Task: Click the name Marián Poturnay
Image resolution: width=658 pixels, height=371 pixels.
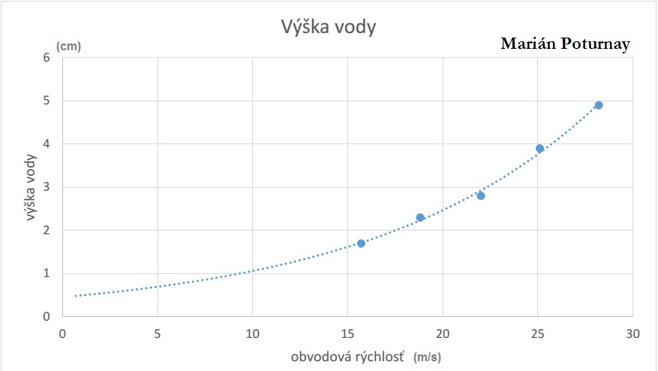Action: [x=565, y=44]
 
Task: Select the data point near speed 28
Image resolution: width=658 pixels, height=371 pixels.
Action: [x=599, y=105]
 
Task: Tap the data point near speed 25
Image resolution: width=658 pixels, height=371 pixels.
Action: [x=539, y=149]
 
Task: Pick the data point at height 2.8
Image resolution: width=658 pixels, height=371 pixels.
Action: [x=481, y=195]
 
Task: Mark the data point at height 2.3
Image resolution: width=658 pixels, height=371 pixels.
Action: [x=420, y=217]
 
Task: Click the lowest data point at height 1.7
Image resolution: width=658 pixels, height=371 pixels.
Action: [x=361, y=243]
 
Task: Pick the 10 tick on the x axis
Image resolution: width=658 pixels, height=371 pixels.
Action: [x=252, y=333]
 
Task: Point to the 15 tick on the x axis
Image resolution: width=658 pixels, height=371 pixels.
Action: [x=347, y=333]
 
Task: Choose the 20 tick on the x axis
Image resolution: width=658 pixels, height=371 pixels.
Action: [x=443, y=333]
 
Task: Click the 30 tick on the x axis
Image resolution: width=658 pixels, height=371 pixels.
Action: [x=633, y=333]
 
